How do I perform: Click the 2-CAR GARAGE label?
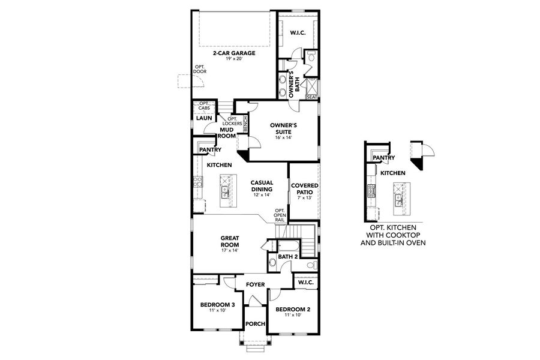(x=233, y=53)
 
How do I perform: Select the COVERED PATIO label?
(x=305, y=188)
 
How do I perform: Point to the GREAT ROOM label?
(x=230, y=241)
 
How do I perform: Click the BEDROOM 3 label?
(x=217, y=305)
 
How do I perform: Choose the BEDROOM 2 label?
(x=292, y=310)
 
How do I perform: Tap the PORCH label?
(x=256, y=324)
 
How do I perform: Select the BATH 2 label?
(x=288, y=257)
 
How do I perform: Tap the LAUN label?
(x=203, y=118)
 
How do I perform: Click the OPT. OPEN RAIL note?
(x=280, y=215)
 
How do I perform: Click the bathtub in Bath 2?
(x=289, y=246)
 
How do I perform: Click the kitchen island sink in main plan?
(x=226, y=193)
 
